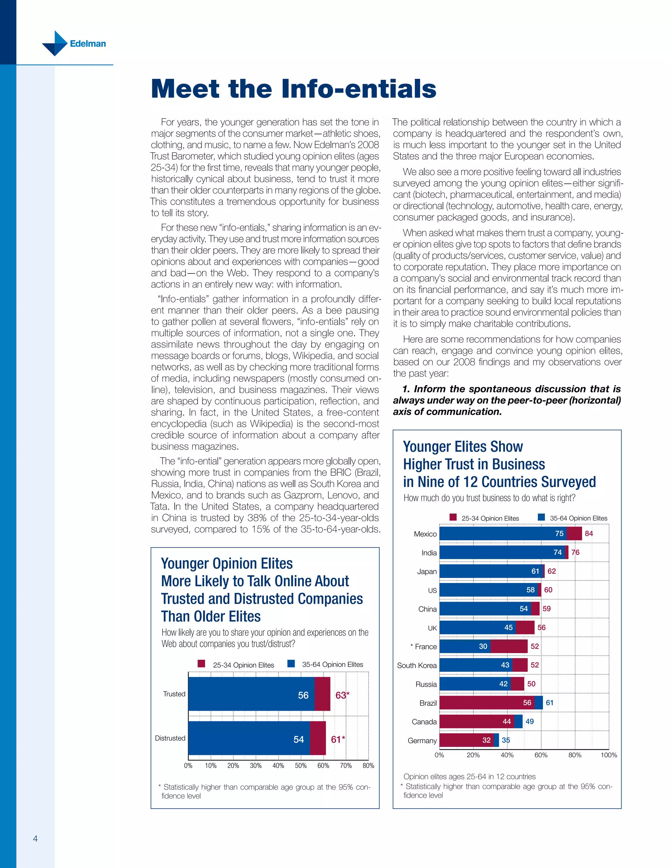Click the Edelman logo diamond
[x=55, y=43]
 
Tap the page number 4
[x=35, y=839]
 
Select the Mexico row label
[x=425, y=534]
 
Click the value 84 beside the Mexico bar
[x=589, y=533]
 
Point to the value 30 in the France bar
[x=483, y=646]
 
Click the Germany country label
[x=422, y=741]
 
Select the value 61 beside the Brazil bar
[x=549, y=703]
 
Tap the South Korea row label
[x=417, y=665]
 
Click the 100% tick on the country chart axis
[x=609, y=755]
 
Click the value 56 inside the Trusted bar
[x=303, y=695]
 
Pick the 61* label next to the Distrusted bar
[x=338, y=739]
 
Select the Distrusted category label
[x=170, y=738]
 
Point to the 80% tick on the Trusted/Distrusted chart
[x=368, y=765]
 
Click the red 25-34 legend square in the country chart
[x=453, y=517]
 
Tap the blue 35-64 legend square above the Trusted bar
[x=291, y=663]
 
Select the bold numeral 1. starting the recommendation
[x=406, y=389]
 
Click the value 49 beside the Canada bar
[x=529, y=721]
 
